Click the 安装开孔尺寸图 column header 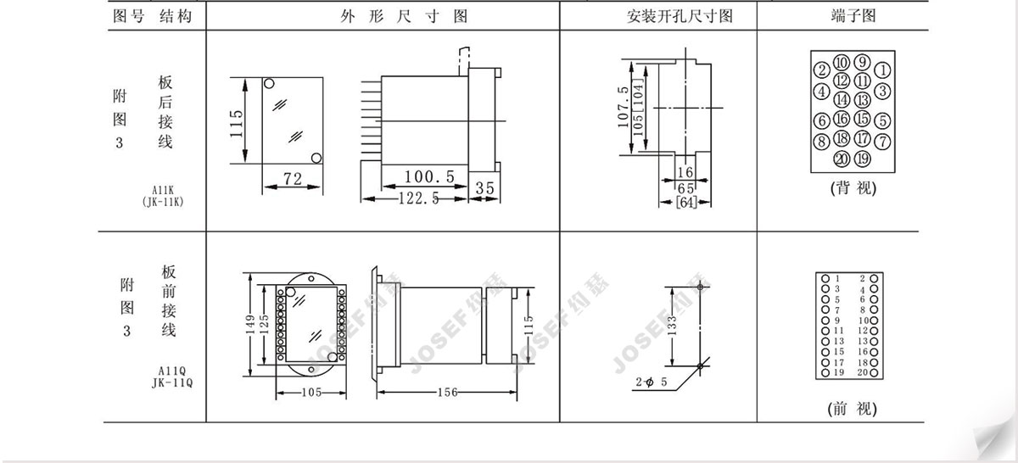(680, 16)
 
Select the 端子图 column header (853, 16)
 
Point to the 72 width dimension (292, 179)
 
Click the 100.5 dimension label (429, 176)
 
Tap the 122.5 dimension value (418, 198)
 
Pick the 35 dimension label (484, 187)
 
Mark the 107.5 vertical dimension (624, 107)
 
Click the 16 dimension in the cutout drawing (685, 172)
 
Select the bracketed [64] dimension (686, 202)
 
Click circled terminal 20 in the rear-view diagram (842, 159)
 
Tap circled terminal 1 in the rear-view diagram (882, 70)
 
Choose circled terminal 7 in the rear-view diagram (882, 141)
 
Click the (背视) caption (853, 187)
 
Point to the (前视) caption (852, 409)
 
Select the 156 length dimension (447, 392)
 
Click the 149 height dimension (250, 325)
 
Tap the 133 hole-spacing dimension (673, 326)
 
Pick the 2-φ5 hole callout (652, 382)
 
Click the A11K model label (163, 191)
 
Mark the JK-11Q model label (172, 383)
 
